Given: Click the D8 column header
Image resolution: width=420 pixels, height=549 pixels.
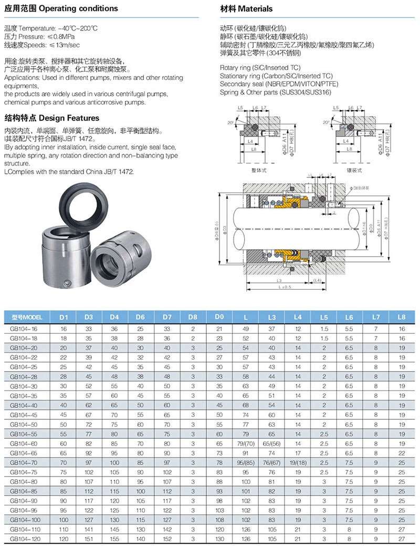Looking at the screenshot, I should [x=193, y=317].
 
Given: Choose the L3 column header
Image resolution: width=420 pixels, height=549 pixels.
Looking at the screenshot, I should [x=271, y=317].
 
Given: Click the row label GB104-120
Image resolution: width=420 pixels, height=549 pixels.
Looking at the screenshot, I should [x=25, y=539].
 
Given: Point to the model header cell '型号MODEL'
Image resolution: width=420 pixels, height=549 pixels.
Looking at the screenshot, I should [x=26, y=317].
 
